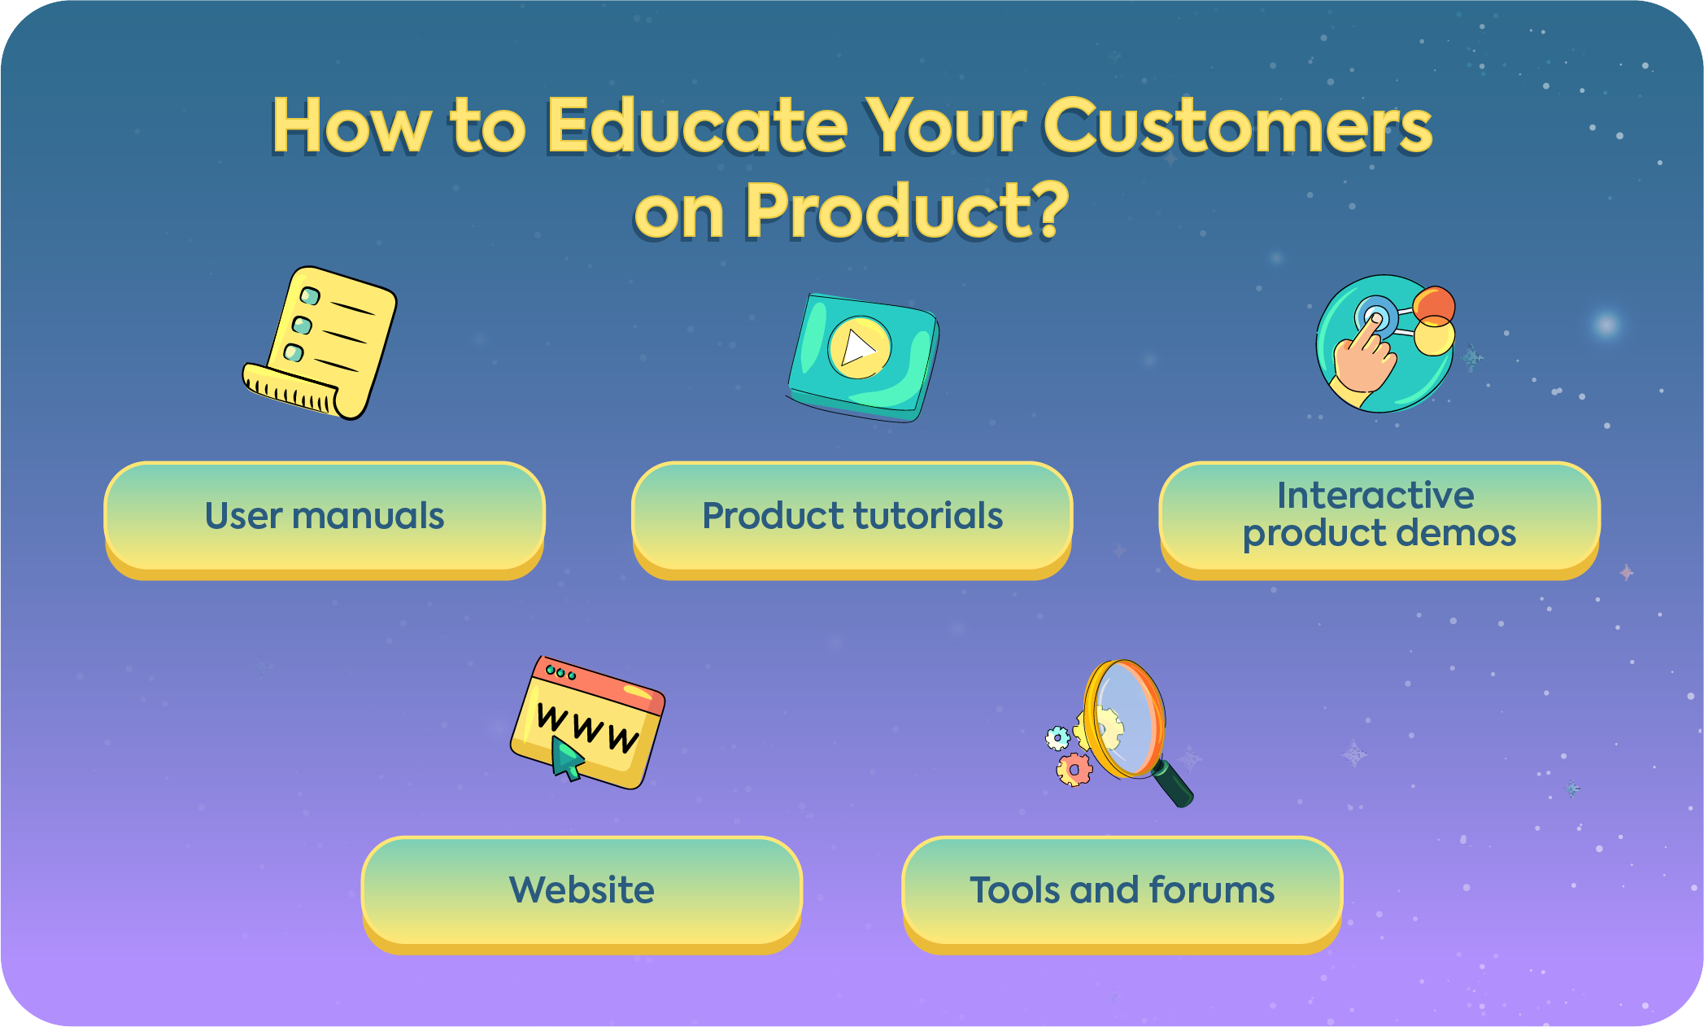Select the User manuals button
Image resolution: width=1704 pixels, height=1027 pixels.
[x=325, y=518]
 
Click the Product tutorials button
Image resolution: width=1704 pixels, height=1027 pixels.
[x=852, y=518]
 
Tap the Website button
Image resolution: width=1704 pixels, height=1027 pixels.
[x=582, y=891]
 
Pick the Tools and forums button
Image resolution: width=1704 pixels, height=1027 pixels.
[x=1122, y=891]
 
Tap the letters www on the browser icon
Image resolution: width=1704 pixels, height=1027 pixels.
[x=587, y=727]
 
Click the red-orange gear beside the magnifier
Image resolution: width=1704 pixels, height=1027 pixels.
[x=1074, y=769]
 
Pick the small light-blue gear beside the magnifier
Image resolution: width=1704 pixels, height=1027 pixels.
[x=1057, y=738]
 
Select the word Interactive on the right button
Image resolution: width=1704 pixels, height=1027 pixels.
[x=1375, y=496]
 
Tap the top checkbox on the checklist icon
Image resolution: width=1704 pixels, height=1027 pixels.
[x=310, y=295]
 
